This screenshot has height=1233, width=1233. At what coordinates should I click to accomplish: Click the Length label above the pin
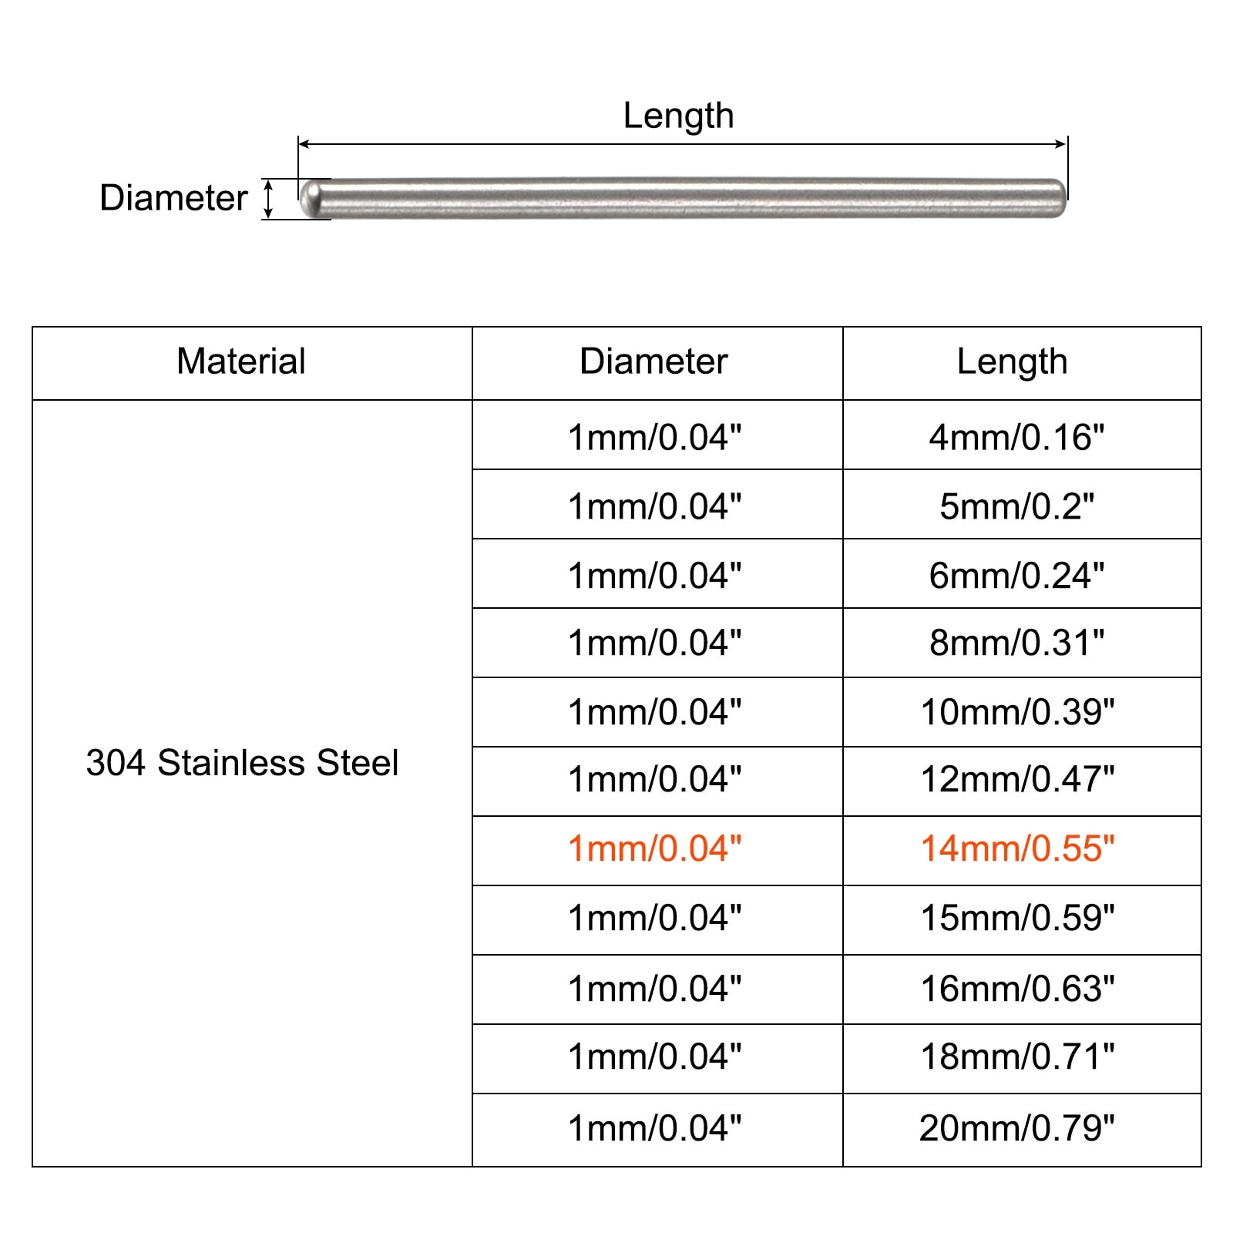click(678, 116)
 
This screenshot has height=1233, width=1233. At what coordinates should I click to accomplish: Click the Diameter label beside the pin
click(173, 198)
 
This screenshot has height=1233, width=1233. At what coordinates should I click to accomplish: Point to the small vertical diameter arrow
click(268, 198)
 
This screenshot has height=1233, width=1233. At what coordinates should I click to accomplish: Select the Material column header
click(241, 361)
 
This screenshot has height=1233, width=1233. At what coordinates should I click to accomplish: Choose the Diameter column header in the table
click(653, 361)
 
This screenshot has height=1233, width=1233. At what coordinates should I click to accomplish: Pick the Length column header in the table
click(1012, 361)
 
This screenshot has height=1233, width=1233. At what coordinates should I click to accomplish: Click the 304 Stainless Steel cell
click(242, 763)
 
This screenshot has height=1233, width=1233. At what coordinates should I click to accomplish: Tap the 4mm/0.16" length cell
click(1016, 437)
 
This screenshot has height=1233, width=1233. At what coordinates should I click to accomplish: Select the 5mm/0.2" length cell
click(1016, 506)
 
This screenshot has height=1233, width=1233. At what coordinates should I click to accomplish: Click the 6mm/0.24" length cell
click(1016, 575)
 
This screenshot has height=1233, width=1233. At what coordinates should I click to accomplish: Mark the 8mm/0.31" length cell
click(1016, 643)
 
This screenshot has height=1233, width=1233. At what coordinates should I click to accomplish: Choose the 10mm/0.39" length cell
click(1017, 712)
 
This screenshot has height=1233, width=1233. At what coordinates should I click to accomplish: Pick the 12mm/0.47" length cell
click(1017, 780)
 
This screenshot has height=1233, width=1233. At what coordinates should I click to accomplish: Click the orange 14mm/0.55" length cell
click(1017, 848)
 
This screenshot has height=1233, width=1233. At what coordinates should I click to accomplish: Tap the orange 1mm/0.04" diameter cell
click(654, 848)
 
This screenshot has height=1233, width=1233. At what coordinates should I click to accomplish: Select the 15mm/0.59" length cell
click(1017, 918)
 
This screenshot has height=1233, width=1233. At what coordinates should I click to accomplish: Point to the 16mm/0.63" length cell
click(1017, 989)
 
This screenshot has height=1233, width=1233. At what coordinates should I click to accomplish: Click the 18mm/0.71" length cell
click(1017, 1057)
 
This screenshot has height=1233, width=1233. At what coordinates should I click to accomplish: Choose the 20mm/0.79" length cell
click(1016, 1128)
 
